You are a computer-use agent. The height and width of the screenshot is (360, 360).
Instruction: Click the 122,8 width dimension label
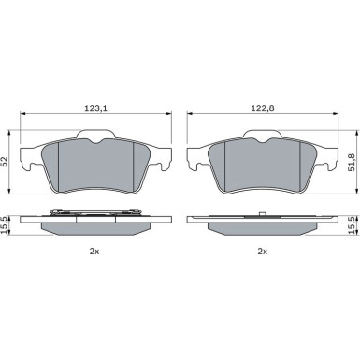[263, 108]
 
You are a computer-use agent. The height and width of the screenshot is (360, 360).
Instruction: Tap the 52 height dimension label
[6, 162]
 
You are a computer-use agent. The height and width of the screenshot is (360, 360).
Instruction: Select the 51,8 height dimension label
[353, 162]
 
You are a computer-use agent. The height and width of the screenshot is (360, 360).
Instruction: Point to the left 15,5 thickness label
[5, 224]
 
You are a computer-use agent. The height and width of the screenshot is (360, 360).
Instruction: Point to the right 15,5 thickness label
[352, 225]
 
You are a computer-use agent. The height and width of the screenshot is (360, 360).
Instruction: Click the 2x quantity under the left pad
[94, 252]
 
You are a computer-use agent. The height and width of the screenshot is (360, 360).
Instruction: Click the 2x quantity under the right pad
[263, 252]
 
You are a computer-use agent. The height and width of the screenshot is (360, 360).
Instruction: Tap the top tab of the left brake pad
[96, 134]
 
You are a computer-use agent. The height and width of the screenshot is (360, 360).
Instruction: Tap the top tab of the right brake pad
[263, 134]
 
